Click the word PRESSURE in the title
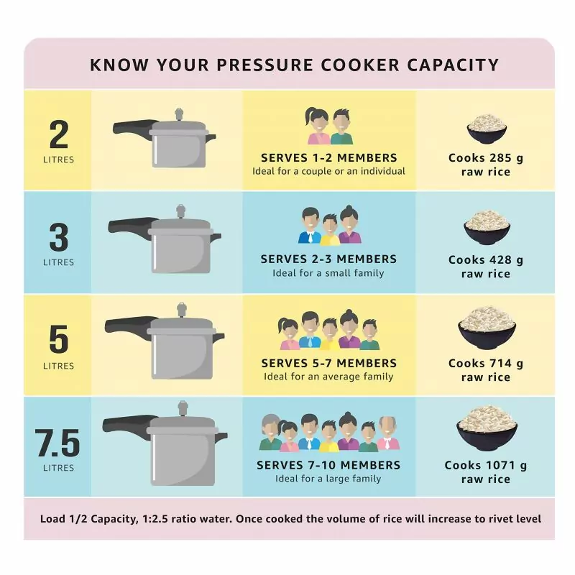[x=265, y=65]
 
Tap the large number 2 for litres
[x=59, y=135]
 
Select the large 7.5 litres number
[x=57, y=443]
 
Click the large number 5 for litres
[x=59, y=339]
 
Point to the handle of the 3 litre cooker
[x=130, y=225]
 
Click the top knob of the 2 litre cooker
[x=178, y=114]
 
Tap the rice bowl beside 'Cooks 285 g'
[x=487, y=129]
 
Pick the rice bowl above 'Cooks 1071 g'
[x=487, y=428]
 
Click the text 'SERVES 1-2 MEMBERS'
[x=329, y=157]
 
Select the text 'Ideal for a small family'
[x=328, y=273]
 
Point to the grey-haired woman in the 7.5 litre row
[x=271, y=433]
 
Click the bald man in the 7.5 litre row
[x=388, y=433]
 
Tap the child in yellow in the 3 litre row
[x=330, y=229]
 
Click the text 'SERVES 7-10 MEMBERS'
[x=328, y=465]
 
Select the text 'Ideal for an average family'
[x=328, y=376]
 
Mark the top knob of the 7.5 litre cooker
[x=183, y=408]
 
